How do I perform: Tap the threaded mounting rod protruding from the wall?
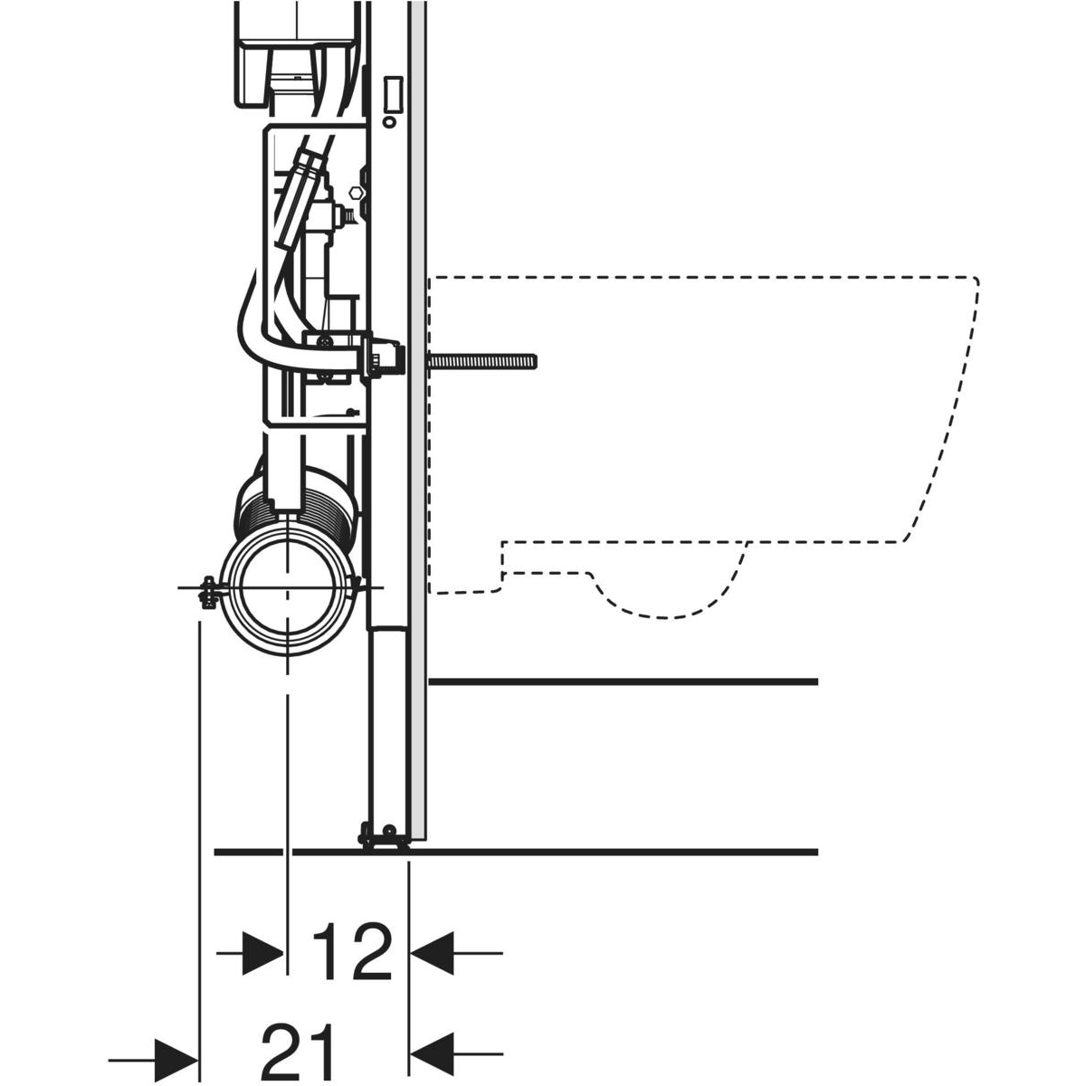click(482, 361)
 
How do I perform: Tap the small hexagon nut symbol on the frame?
click(356, 191)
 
